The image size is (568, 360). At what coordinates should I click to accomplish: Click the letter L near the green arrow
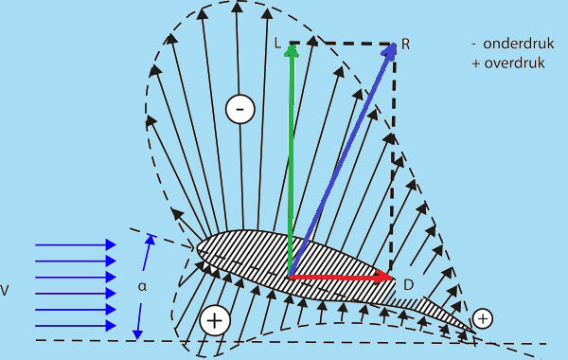click(x=277, y=43)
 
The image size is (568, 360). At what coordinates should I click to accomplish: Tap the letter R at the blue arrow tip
click(x=405, y=45)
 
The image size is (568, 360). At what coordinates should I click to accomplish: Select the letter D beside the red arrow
click(x=408, y=285)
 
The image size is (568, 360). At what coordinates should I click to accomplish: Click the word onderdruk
click(x=519, y=44)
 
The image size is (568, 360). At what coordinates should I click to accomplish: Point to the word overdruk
click(x=514, y=63)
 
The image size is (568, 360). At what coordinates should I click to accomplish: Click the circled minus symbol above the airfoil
click(x=240, y=109)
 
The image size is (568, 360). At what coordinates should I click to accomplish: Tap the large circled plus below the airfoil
click(x=215, y=320)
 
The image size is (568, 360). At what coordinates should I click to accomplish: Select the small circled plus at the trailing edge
click(x=483, y=318)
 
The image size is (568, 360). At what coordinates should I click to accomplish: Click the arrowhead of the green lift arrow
click(x=292, y=51)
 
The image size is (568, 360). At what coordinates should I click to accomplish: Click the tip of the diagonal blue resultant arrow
click(x=395, y=45)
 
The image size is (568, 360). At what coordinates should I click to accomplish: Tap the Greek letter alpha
click(x=142, y=287)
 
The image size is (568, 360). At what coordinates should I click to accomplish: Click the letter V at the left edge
click(x=5, y=291)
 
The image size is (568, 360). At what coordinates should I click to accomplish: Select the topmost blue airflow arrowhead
click(x=111, y=244)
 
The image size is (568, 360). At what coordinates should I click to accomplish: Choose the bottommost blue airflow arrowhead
click(x=111, y=325)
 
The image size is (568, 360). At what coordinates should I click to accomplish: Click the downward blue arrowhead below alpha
click(x=137, y=334)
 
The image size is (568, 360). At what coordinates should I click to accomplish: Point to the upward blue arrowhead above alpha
click(x=151, y=240)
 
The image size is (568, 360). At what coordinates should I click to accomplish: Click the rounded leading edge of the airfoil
click(x=198, y=249)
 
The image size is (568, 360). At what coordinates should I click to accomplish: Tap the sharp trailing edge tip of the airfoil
click(x=475, y=333)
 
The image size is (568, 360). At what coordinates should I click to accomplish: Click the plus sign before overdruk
click(x=476, y=63)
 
